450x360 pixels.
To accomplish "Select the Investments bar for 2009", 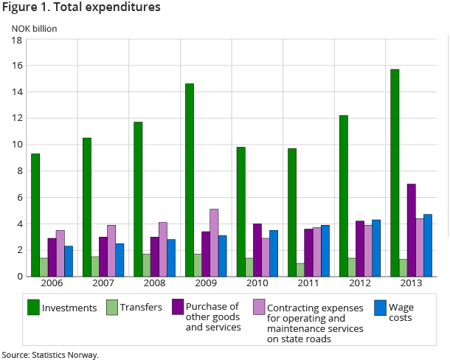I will coord(190,180).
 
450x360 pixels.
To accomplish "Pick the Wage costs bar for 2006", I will coord(69,261).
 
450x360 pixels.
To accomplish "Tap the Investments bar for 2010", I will coord(240,212).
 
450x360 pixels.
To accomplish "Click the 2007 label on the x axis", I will coord(103,284).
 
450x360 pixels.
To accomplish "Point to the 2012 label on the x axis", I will coord(360,284).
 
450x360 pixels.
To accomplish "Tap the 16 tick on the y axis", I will coord(15,66).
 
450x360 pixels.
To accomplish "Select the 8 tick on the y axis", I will coord(18,171).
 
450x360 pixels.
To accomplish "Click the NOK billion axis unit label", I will coord(34,29).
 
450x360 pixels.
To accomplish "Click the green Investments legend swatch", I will coord(33,307).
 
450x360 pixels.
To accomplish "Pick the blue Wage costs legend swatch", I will coord(381,307).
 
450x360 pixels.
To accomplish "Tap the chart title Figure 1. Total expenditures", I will coord(81,8).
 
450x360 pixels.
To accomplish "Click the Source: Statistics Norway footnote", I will coord(50,355).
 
